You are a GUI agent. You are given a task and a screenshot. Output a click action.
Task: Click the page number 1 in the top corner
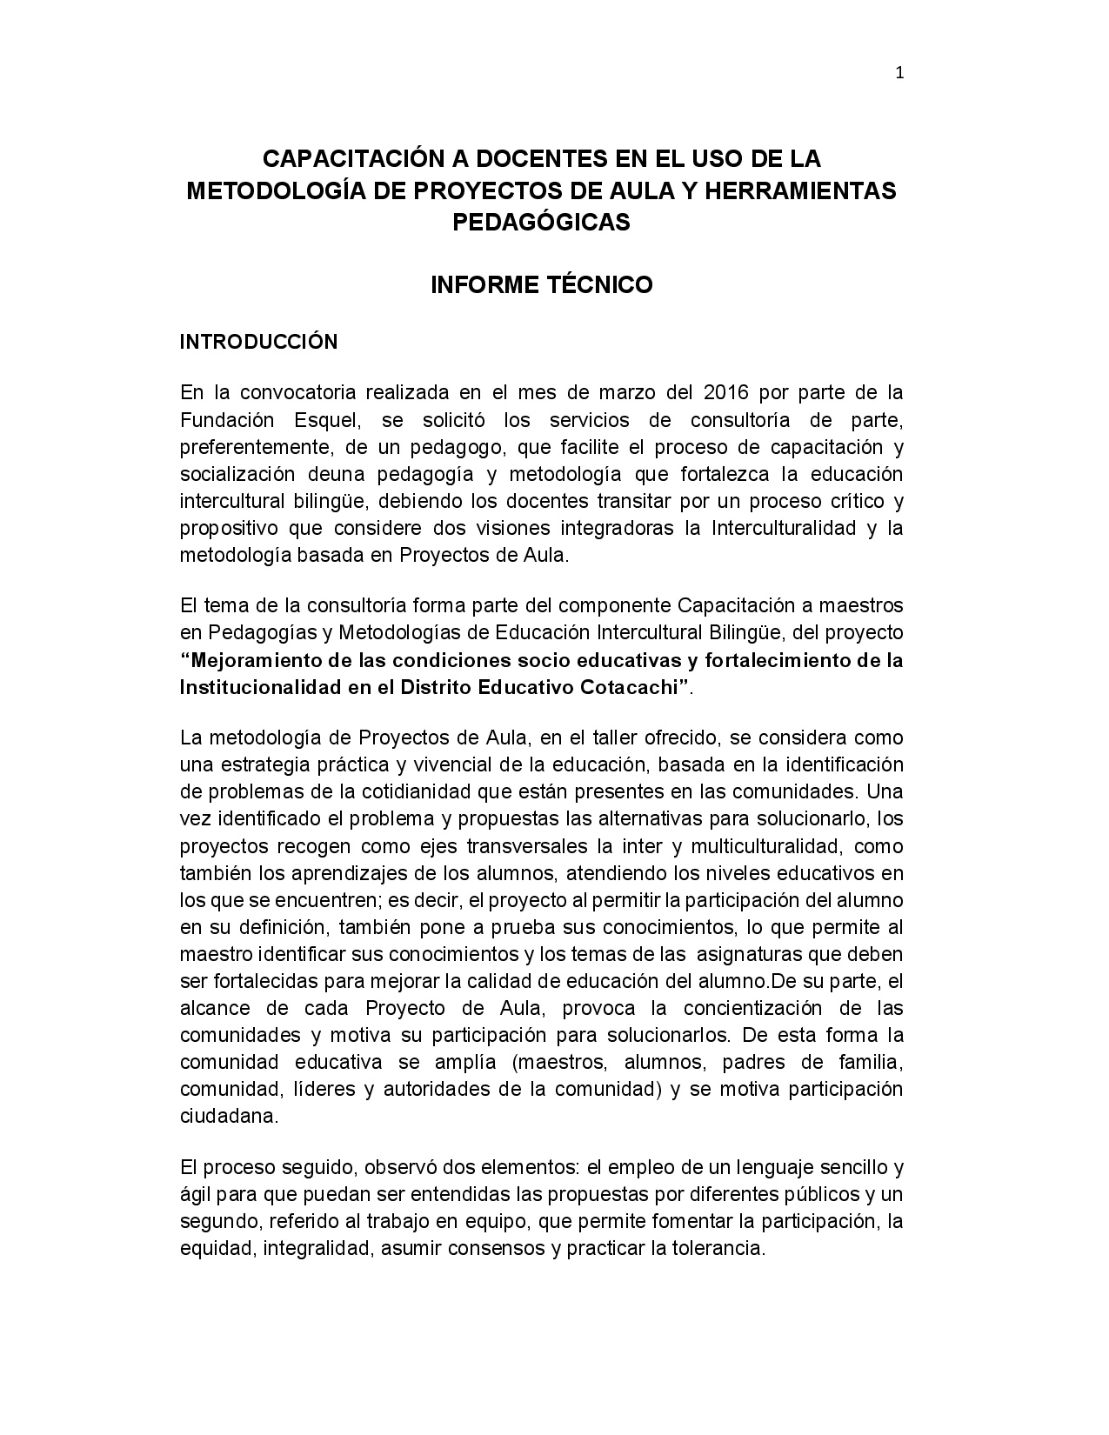pyautogui.click(x=899, y=74)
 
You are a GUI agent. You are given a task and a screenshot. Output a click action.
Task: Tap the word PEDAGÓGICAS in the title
pyautogui.click(x=541, y=223)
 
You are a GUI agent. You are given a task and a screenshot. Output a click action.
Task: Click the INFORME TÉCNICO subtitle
pyautogui.click(x=541, y=285)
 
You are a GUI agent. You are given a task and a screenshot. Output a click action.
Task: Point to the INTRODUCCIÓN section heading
pyautogui.click(x=258, y=343)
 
